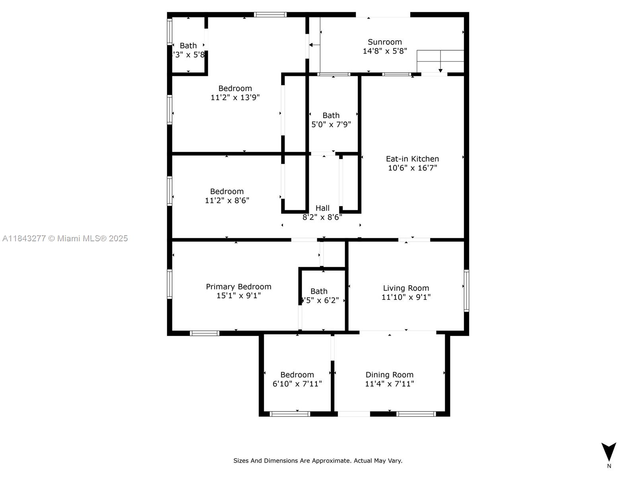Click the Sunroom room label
[x=384, y=42]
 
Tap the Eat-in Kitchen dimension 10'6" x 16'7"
[x=412, y=168]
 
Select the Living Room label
[x=406, y=288]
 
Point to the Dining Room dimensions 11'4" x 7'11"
[x=389, y=384]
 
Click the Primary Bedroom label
[x=238, y=287]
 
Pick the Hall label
[x=322, y=208]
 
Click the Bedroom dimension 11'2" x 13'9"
[x=235, y=97]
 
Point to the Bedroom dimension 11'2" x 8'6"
[x=227, y=200]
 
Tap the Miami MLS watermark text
[x=65, y=238]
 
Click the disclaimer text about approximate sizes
[x=318, y=461]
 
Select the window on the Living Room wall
[x=466, y=291]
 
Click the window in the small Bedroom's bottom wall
[x=289, y=414]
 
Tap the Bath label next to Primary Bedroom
[x=319, y=291]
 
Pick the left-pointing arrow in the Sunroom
[x=314, y=45]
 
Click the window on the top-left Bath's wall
[x=169, y=32]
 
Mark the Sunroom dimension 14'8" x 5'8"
[x=384, y=51]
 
